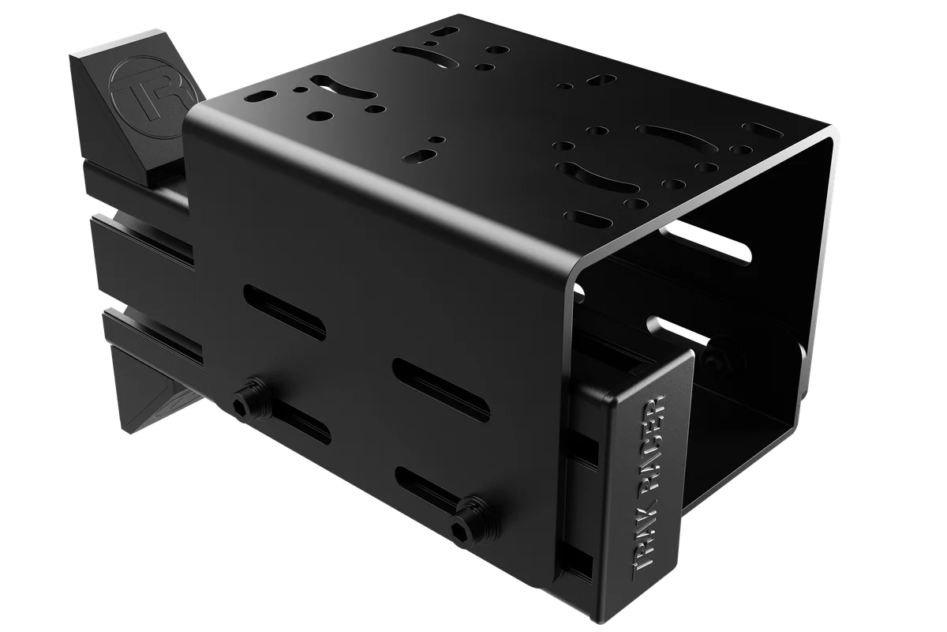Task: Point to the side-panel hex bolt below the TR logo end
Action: click(x=249, y=400)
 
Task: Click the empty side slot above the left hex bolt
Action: click(x=285, y=312)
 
